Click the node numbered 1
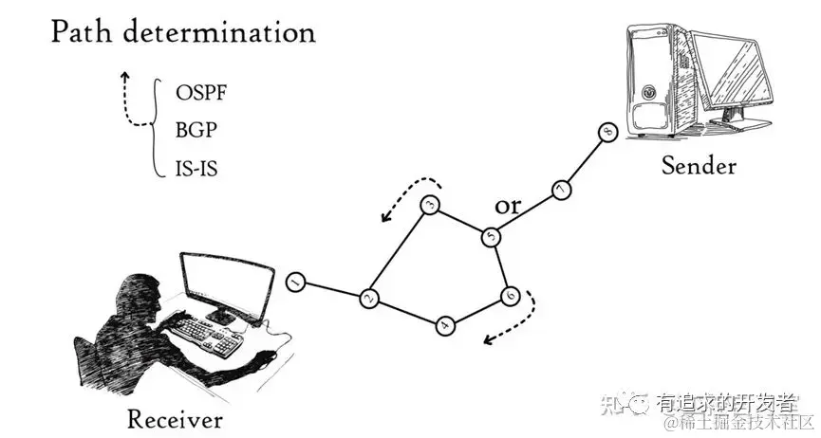click(x=296, y=283)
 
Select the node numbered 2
click(x=370, y=300)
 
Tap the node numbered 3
click(x=429, y=206)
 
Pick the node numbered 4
click(x=446, y=326)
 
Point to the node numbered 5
click(x=491, y=236)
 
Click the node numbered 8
click(x=608, y=133)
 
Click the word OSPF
click(x=201, y=94)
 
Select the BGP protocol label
click(x=196, y=132)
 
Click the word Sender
click(x=699, y=166)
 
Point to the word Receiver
click(x=175, y=419)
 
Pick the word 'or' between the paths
click(x=510, y=207)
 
